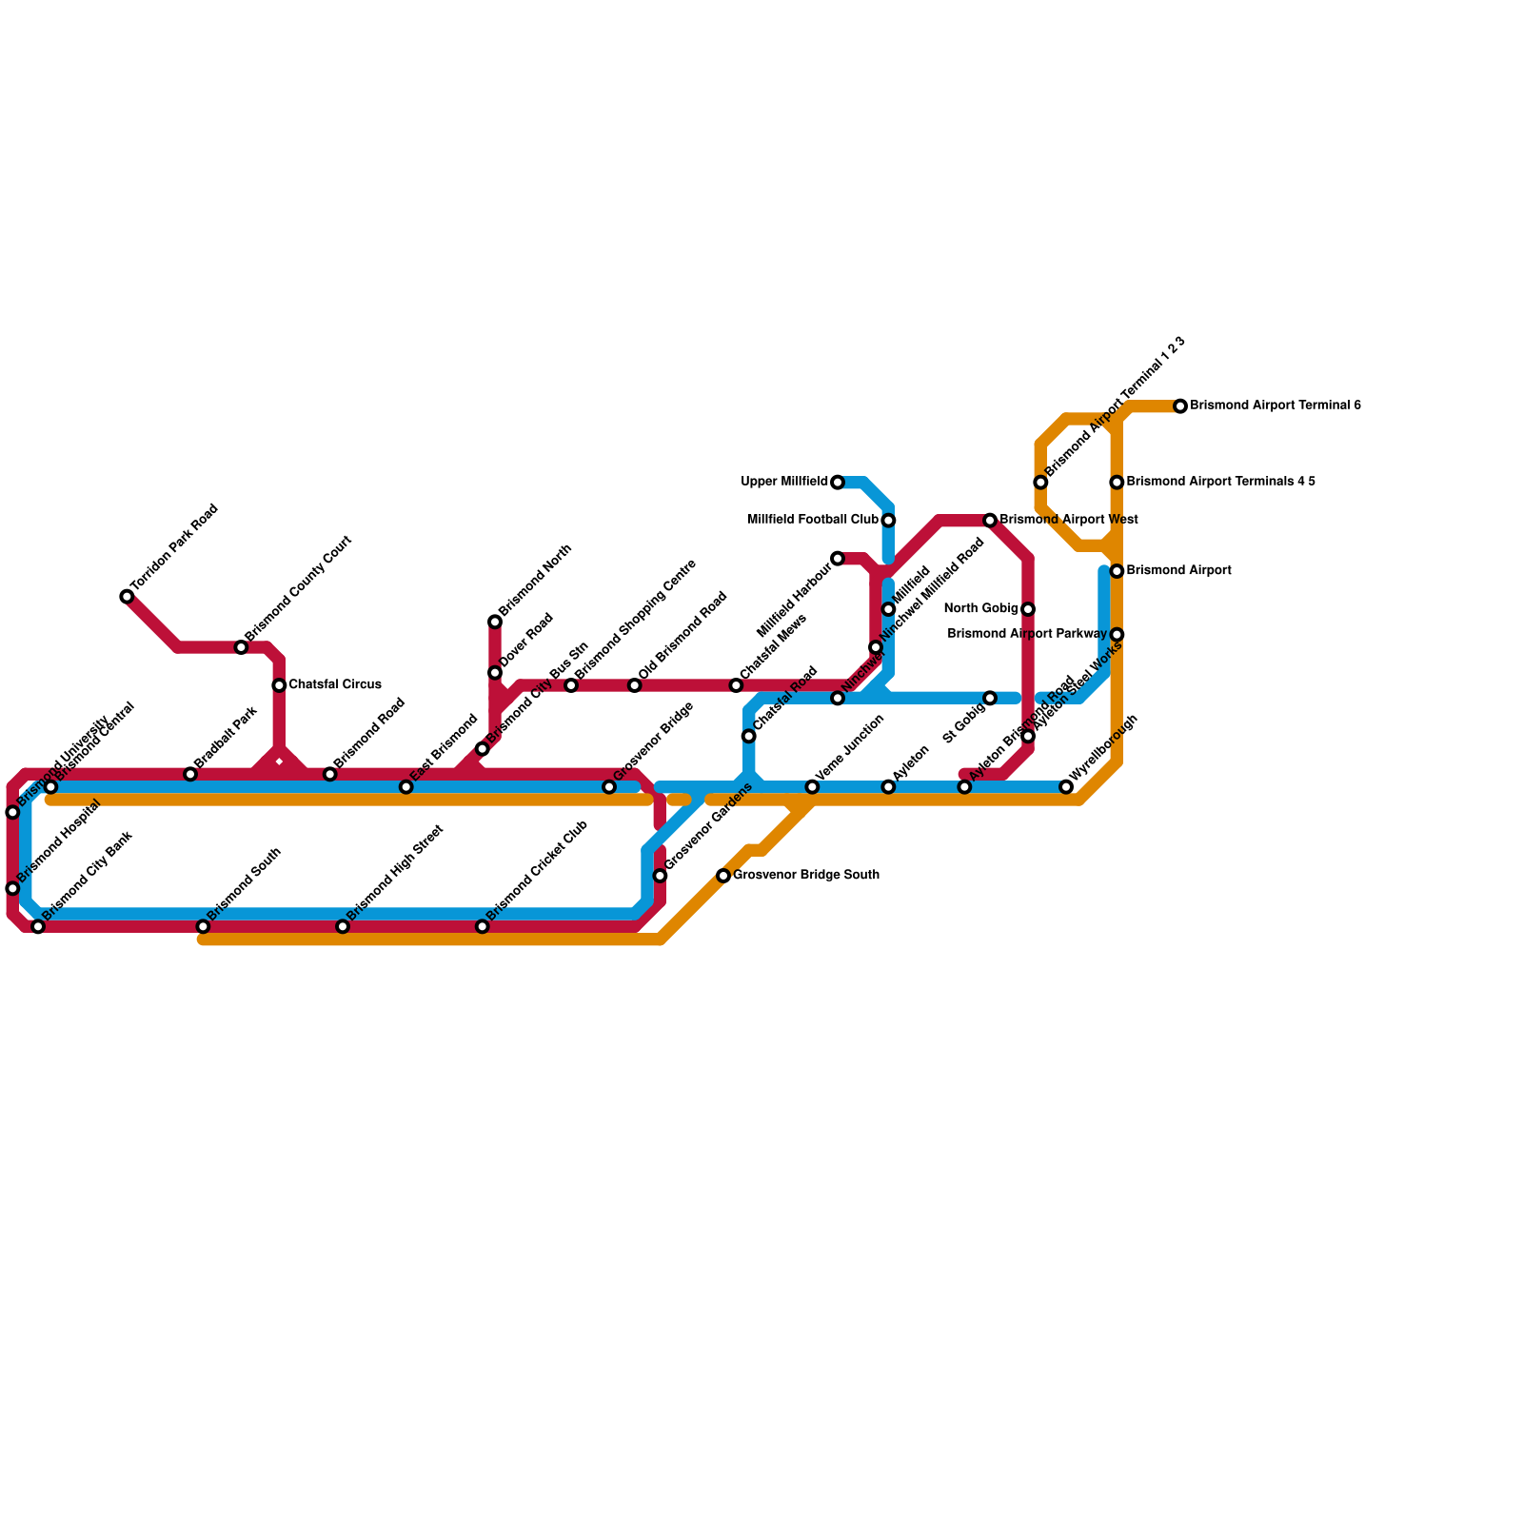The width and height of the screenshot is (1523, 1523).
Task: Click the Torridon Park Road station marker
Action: [x=127, y=597]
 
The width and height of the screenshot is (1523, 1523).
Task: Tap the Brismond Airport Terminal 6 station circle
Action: [x=1180, y=406]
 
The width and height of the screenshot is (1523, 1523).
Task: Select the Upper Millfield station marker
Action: [x=838, y=483]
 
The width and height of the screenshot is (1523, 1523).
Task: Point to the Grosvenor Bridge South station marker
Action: [x=723, y=876]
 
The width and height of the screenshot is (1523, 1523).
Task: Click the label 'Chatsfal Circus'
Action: [x=335, y=685]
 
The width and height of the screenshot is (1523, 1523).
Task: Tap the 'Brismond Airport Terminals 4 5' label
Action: [x=1220, y=483]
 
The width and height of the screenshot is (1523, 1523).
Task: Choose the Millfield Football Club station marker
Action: [x=888, y=521]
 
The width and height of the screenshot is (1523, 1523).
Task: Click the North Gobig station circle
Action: [x=1028, y=609]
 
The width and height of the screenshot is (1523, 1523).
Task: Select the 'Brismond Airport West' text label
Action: [x=1069, y=521]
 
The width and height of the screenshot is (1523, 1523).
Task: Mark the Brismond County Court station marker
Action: [x=241, y=647]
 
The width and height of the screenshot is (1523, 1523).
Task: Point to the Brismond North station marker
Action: [x=495, y=623]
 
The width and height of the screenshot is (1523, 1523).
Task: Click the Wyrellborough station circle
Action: [x=1066, y=787]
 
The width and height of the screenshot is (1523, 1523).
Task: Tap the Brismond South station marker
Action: [x=203, y=927]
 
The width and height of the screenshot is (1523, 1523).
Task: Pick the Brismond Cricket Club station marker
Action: [x=483, y=927]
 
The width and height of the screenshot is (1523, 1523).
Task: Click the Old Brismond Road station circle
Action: [x=635, y=685]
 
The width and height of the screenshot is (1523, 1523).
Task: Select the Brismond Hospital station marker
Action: [x=12, y=889]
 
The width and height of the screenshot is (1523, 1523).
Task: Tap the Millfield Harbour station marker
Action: [x=838, y=559]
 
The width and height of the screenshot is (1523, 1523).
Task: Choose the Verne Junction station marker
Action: [x=812, y=787]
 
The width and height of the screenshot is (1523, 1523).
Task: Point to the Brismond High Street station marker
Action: [x=343, y=927]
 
